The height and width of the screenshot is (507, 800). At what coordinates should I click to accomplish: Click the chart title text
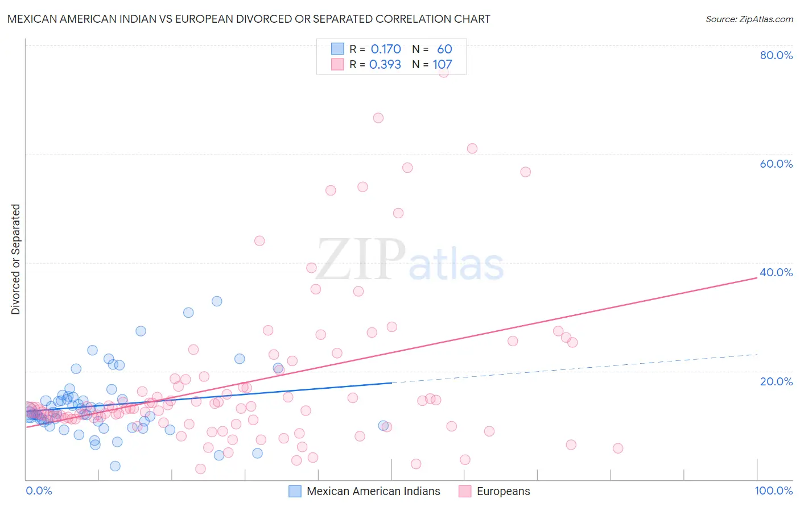pyautogui.click(x=248, y=19)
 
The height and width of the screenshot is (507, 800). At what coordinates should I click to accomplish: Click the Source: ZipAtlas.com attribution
pyautogui.click(x=749, y=19)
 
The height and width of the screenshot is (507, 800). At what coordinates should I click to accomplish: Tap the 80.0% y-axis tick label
pyautogui.click(x=776, y=55)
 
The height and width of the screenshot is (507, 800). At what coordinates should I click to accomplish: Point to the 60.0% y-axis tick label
pyautogui.click(x=776, y=164)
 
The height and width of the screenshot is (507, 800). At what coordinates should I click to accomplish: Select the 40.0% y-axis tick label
pyautogui.click(x=776, y=272)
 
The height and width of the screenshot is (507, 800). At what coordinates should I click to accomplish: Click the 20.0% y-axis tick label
pyautogui.click(x=776, y=381)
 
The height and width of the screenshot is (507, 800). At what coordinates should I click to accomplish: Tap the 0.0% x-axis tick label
pyautogui.click(x=39, y=491)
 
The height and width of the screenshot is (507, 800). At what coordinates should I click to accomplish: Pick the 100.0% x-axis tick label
pyautogui.click(x=773, y=491)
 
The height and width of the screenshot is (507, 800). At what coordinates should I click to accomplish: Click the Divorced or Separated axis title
pyautogui.click(x=16, y=259)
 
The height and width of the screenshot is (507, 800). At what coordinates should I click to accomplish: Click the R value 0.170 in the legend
pyautogui.click(x=386, y=49)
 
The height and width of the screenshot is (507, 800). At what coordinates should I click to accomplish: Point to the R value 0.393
pyautogui.click(x=385, y=65)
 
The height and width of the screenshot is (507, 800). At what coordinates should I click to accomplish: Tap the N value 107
pyautogui.click(x=442, y=65)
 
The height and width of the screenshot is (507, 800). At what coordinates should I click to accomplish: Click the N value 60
pyautogui.click(x=444, y=49)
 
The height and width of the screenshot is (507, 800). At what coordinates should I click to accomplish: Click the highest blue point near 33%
pyautogui.click(x=217, y=301)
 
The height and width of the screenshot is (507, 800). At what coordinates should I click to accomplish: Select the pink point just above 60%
pyautogui.click(x=472, y=148)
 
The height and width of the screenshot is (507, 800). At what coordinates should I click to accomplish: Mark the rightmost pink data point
pyautogui.click(x=618, y=448)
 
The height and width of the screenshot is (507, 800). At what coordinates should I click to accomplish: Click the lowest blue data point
pyautogui.click(x=115, y=466)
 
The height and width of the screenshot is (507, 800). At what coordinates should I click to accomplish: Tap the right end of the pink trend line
pyautogui.click(x=757, y=277)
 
